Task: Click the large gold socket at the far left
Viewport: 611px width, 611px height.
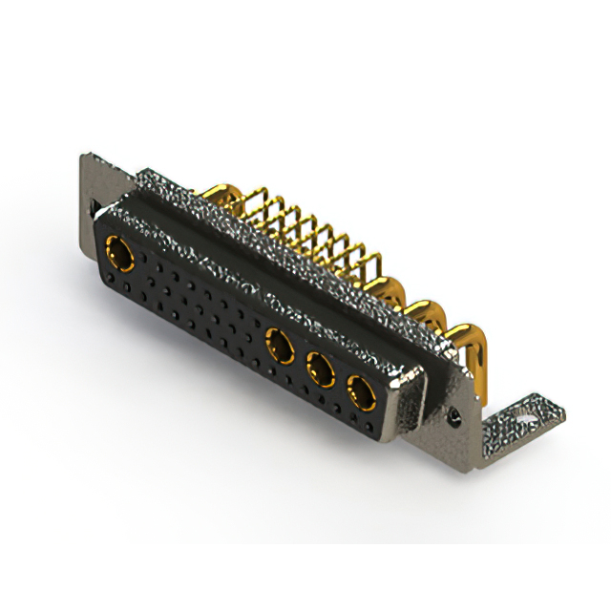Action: coord(120,253)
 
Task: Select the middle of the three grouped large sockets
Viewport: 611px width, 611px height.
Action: coord(320,367)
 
